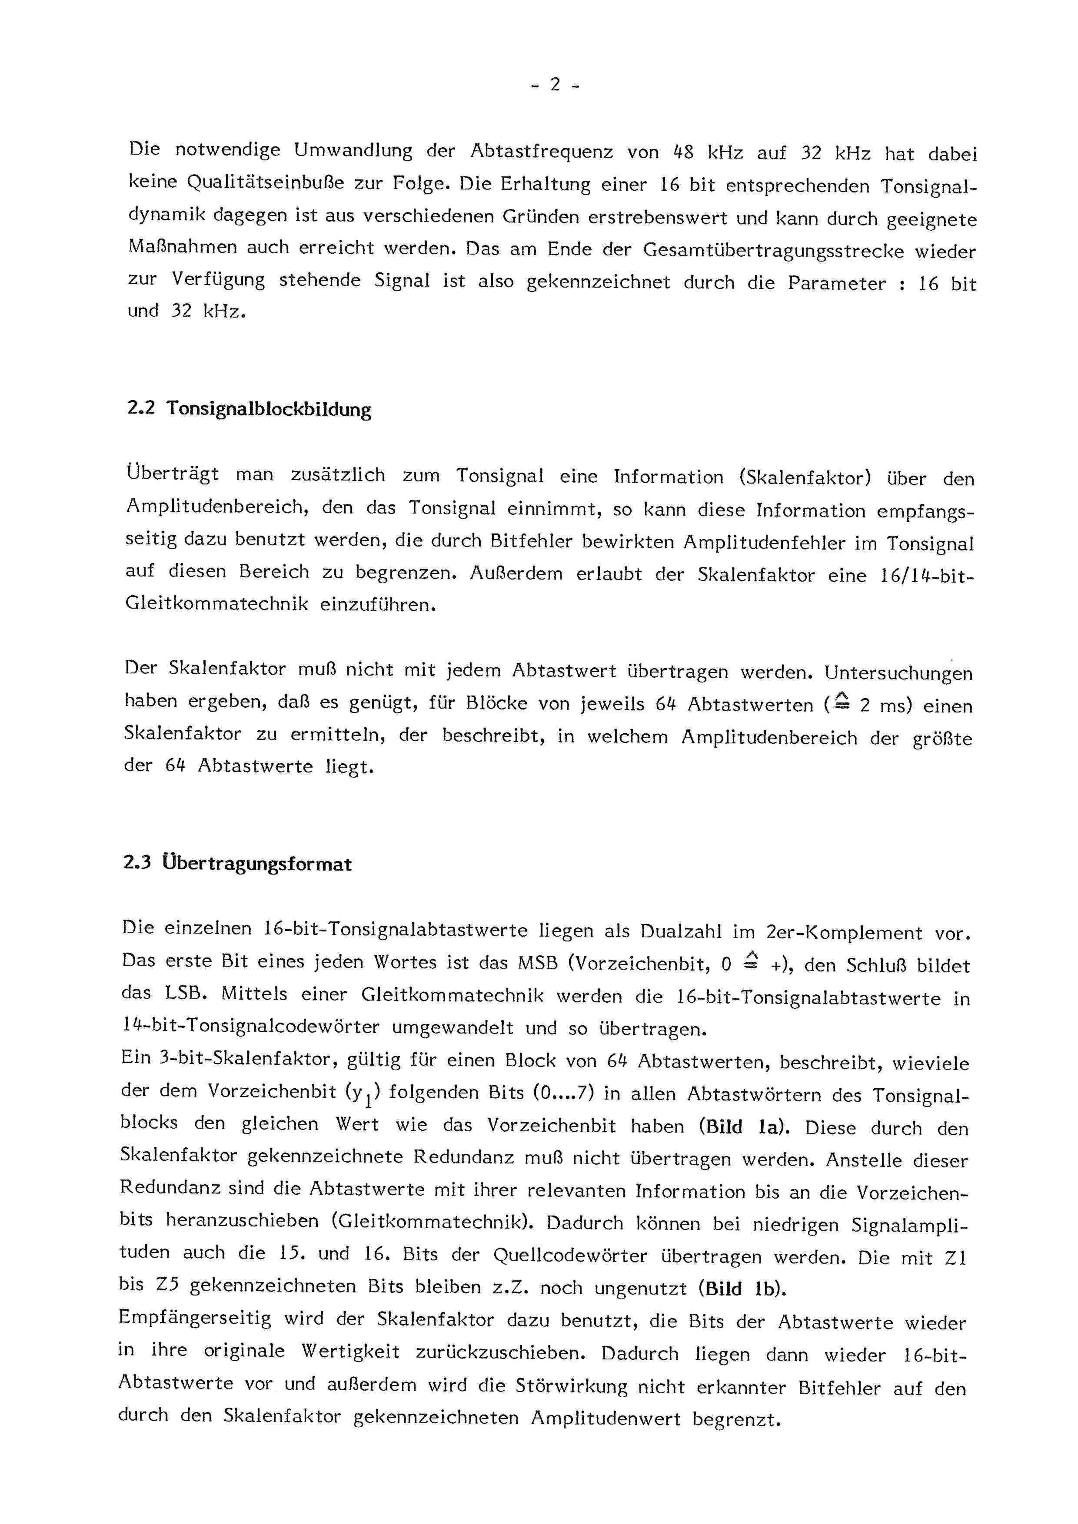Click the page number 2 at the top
point(555,85)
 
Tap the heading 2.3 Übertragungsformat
point(237,864)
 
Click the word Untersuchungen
point(898,673)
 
